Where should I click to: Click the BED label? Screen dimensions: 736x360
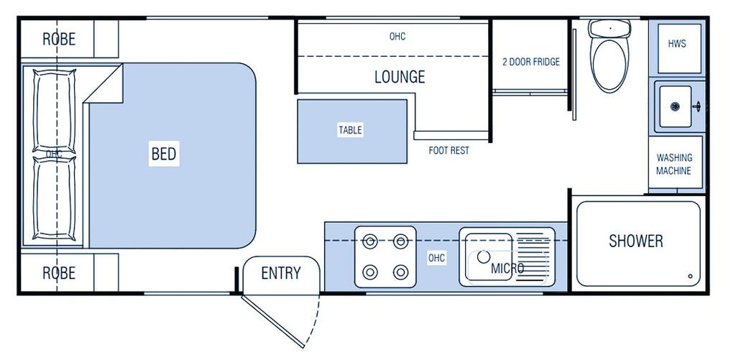164,154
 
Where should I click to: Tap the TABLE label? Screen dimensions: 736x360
351,130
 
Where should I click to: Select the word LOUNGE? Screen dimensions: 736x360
400,76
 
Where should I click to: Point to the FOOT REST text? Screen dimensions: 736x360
448,151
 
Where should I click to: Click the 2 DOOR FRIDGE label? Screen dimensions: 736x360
531,62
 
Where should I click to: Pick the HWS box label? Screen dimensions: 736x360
677,44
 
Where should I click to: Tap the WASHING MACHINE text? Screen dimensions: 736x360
673,165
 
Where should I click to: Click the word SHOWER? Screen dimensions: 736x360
636,241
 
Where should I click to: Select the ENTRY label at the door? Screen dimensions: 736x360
281,273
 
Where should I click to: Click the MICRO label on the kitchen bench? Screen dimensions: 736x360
507,269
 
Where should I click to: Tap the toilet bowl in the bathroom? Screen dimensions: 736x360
609,65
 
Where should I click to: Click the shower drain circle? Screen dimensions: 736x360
691,277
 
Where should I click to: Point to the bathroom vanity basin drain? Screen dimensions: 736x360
675,106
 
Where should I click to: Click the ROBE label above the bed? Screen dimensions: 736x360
59,39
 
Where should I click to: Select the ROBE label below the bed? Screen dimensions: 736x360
59,273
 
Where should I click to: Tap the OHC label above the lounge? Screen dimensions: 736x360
397,36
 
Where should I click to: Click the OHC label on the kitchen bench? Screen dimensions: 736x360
436,258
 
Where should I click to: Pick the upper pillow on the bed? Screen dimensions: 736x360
54,111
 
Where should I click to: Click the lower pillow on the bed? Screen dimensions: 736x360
54,198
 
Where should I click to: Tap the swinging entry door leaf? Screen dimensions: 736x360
272,321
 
